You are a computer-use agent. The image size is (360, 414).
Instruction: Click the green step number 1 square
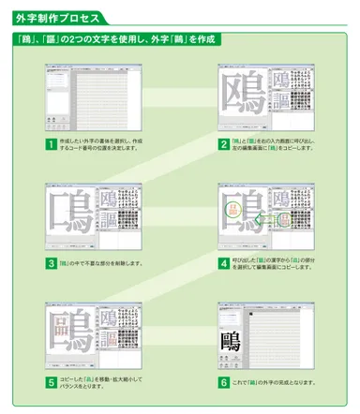(50, 144)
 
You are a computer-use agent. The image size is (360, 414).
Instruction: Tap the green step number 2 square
(223, 144)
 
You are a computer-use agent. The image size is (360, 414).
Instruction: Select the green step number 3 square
(50, 263)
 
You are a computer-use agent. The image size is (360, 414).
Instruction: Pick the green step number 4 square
(223, 263)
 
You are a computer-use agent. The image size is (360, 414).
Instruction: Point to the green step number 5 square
(50, 382)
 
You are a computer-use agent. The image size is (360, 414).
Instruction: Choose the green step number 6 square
(223, 382)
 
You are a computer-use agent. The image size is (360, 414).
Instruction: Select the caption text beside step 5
(98, 382)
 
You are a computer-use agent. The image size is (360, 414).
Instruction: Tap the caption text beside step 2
(277, 144)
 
